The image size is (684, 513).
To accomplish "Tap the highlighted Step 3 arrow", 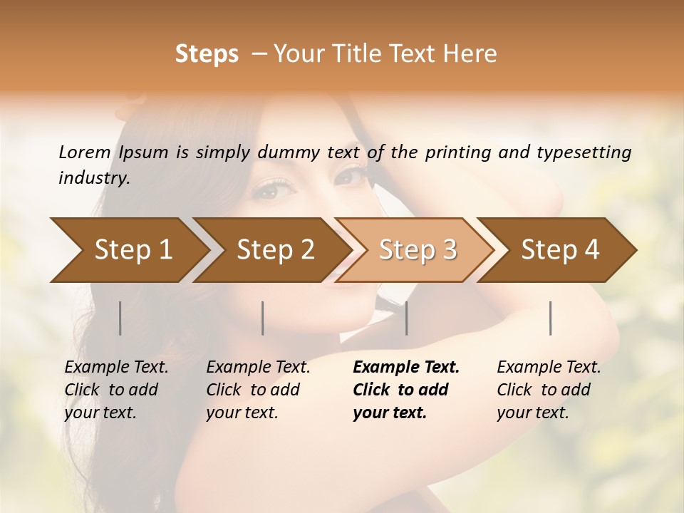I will [x=418, y=250].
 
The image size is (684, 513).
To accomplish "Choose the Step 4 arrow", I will [x=560, y=250].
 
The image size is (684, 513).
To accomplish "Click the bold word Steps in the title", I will [x=207, y=54].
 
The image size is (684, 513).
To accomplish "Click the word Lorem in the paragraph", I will [x=84, y=152].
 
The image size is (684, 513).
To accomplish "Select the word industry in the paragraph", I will [x=93, y=178].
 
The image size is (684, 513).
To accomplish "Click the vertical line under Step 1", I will [x=120, y=318].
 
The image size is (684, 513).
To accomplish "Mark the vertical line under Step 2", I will [x=263, y=318].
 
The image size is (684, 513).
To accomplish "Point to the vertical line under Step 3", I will [x=406, y=318].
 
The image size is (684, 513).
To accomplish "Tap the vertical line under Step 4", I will [x=551, y=318].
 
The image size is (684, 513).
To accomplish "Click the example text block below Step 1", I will [x=116, y=390].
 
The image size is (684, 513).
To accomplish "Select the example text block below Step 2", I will [x=258, y=390].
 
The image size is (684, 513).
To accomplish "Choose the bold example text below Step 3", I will [x=405, y=390].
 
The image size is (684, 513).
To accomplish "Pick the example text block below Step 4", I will [x=549, y=390].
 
